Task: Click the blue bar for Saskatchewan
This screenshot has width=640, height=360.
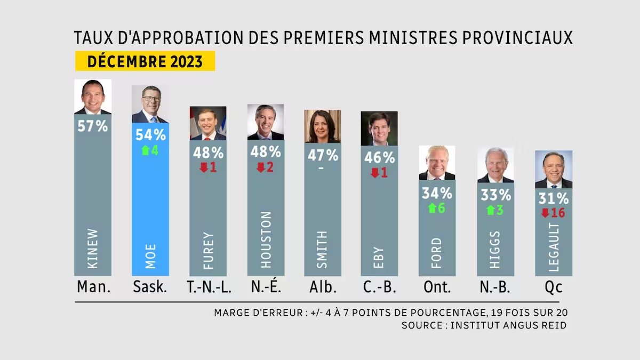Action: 150,213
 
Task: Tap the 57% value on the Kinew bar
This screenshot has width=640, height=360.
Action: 93,126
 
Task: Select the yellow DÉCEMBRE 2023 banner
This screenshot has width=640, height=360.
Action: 145,61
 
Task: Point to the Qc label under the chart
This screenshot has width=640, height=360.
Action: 554,287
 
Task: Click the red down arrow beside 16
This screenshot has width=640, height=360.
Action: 545,213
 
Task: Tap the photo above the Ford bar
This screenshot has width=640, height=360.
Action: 437,163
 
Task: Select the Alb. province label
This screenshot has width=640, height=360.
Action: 323,287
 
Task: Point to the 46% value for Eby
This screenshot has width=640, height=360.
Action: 379,158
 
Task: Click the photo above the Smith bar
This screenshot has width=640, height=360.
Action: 322,126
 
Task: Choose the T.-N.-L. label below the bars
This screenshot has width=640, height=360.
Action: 208,287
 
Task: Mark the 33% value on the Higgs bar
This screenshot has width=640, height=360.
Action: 495,195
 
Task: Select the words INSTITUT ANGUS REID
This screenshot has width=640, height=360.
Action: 508,325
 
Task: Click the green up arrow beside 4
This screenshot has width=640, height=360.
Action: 145,150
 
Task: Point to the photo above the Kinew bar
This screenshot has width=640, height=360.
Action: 93,97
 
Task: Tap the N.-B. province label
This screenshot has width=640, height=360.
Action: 495,287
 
